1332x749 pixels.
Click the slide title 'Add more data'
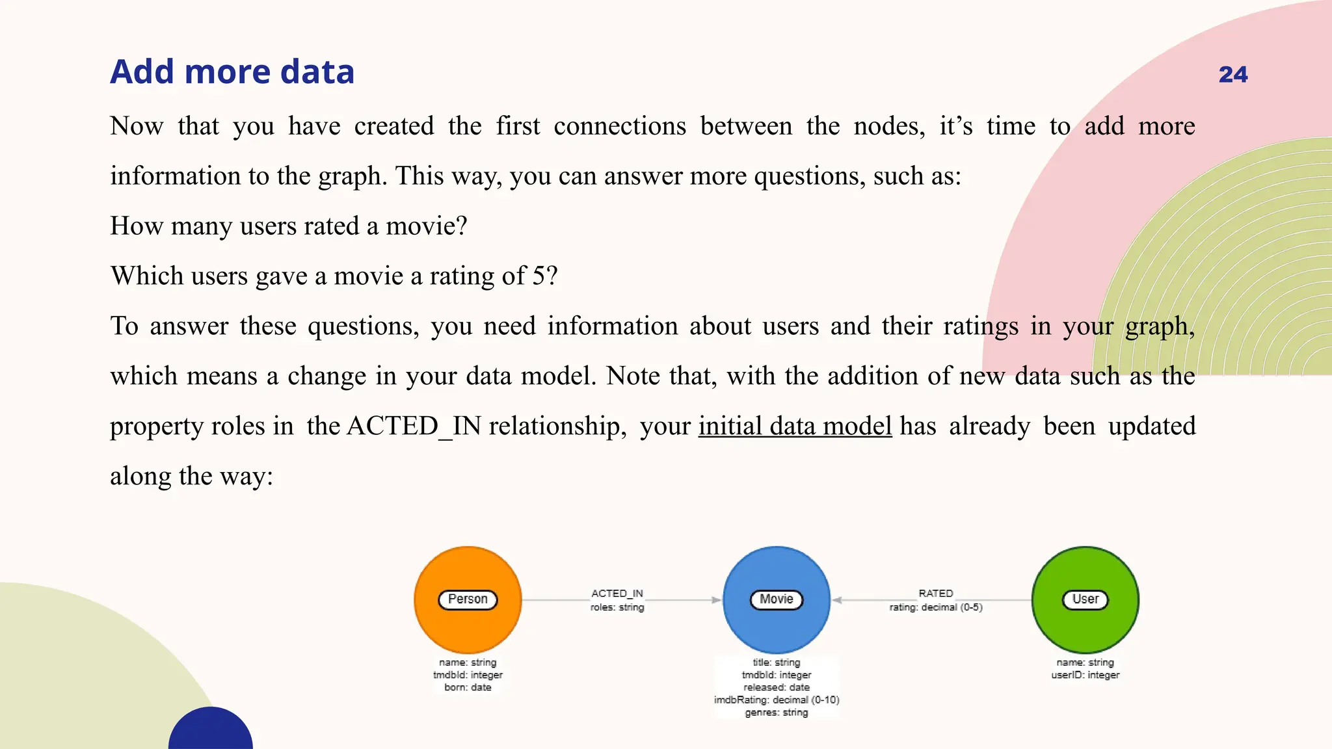pyautogui.click(x=232, y=72)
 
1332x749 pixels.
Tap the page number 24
pyautogui.click(x=1232, y=75)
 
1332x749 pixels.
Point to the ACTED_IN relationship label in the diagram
pyautogui.click(x=617, y=593)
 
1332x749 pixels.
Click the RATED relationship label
pyautogui.click(x=935, y=593)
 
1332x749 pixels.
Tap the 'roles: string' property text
pyautogui.click(x=617, y=607)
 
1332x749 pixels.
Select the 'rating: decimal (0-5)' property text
pyautogui.click(x=935, y=607)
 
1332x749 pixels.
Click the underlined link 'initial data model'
pyautogui.click(x=795, y=427)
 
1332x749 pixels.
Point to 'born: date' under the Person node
pyautogui.click(x=468, y=687)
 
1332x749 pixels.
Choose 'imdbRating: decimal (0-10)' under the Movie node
pyautogui.click(x=777, y=700)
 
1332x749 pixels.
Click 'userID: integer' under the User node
pyautogui.click(x=1085, y=675)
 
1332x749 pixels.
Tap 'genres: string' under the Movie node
pyautogui.click(x=777, y=713)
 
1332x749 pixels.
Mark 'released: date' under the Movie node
pyautogui.click(x=777, y=687)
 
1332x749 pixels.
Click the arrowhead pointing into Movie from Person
pyautogui.click(x=717, y=600)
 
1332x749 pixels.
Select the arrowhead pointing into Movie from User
pyautogui.click(x=837, y=600)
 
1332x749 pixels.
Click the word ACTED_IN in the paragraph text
pyautogui.click(x=414, y=427)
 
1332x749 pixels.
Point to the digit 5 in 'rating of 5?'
pyautogui.click(x=539, y=276)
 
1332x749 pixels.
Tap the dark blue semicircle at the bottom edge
pyautogui.click(x=211, y=731)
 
